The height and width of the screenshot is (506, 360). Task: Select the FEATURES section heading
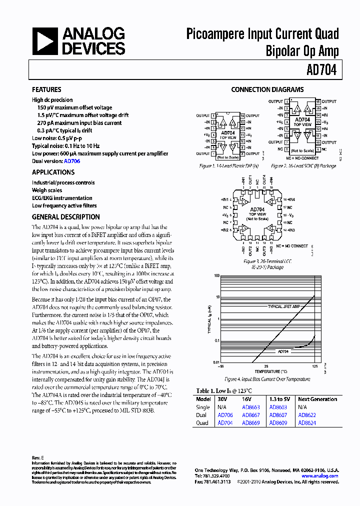coord(46,89)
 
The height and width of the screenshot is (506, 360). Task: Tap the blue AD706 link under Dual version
coord(72,161)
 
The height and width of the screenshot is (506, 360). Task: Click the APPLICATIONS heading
coord(53,172)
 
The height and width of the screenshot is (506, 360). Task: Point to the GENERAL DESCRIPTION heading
coord(66,217)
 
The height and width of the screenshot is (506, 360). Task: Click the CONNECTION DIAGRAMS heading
coord(267,90)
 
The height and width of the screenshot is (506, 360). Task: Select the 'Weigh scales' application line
coord(47,190)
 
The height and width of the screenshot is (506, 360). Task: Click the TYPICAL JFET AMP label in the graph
coord(284,306)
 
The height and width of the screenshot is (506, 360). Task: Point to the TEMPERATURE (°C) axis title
coord(270,371)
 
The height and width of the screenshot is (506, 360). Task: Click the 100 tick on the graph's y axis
coord(217,275)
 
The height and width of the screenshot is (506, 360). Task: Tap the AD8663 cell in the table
coord(250,407)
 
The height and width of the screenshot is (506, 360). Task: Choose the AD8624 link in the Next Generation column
coord(307,423)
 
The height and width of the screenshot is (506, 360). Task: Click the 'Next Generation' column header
coord(317,399)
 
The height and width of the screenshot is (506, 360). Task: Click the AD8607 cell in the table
coord(278,415)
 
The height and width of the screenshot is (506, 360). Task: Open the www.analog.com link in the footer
coord(320,476)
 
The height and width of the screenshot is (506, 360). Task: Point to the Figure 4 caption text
coord(267,379)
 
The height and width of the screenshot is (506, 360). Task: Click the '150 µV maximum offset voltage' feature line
coord(74,107)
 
